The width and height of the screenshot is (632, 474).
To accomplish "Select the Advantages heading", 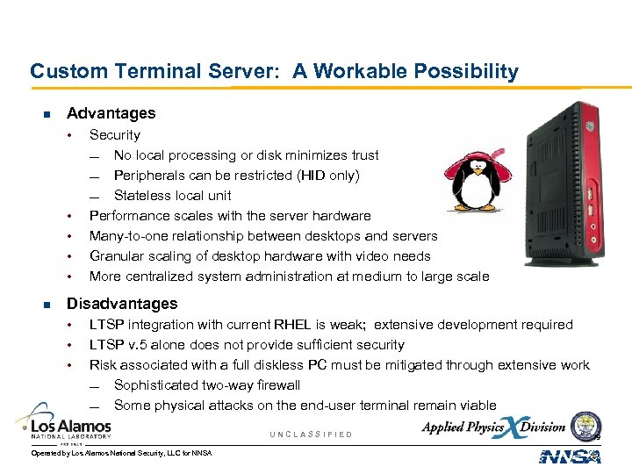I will point(111,113).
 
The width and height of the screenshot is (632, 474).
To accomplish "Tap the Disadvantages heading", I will point(122,304).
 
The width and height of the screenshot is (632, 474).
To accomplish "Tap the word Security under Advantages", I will point(115,135).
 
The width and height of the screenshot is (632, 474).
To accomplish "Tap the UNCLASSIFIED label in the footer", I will point(311,434).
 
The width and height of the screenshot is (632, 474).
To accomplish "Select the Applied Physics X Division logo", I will point(493,427).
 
